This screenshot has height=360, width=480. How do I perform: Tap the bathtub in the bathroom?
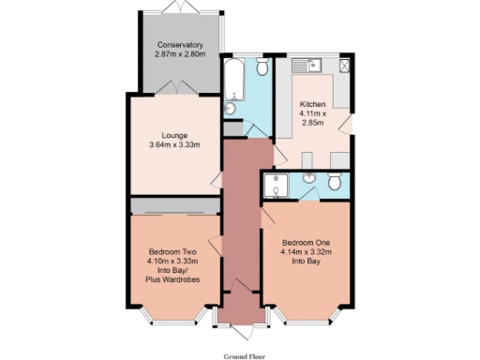coord(233,81)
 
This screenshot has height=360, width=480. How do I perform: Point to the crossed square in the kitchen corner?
coord(345,66)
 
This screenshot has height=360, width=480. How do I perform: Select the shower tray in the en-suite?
coord(276,187)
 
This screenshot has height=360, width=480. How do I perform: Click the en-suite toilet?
coord(335,181)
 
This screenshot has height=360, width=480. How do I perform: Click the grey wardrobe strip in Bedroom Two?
coord(174,205)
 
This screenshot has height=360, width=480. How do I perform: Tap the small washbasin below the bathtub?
coord(230,110)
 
